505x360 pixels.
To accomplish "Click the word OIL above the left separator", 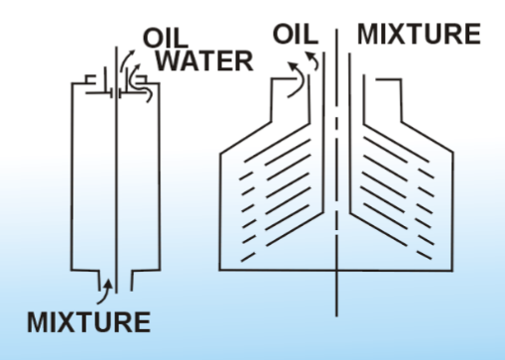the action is coord(166,38).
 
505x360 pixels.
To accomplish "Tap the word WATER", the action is coord(204,61).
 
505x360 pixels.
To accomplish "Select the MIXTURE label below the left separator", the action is coord(88,322).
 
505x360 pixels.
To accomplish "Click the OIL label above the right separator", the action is coord(296,34).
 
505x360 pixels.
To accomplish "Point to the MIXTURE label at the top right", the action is coord(419,34).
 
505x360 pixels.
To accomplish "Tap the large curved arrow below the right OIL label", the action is coord(298,79).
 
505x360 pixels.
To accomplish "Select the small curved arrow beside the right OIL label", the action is coord(315,60).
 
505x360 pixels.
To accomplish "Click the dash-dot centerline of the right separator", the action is coord(336,173).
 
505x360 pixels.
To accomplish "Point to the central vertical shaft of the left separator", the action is coord(116,170).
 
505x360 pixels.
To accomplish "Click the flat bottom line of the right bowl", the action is coord(336,271).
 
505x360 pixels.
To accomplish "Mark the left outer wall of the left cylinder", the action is coord(72,177).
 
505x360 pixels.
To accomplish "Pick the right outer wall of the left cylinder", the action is coord(159,177).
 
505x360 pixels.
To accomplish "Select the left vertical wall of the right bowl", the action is coord(220,211).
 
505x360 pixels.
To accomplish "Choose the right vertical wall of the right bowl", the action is coord(452,211).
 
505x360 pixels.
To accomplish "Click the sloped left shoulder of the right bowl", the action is coord(246,138).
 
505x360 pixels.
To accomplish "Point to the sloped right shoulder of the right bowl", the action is coord(427,137).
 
